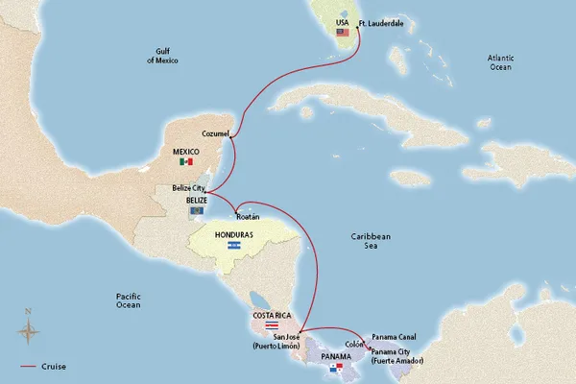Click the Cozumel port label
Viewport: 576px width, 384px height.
215,132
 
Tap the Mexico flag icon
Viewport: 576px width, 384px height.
185,162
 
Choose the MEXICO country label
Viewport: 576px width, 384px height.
185,151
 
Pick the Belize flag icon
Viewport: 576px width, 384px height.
196,210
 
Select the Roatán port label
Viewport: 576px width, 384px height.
249,218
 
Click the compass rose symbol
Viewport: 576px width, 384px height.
29,329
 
